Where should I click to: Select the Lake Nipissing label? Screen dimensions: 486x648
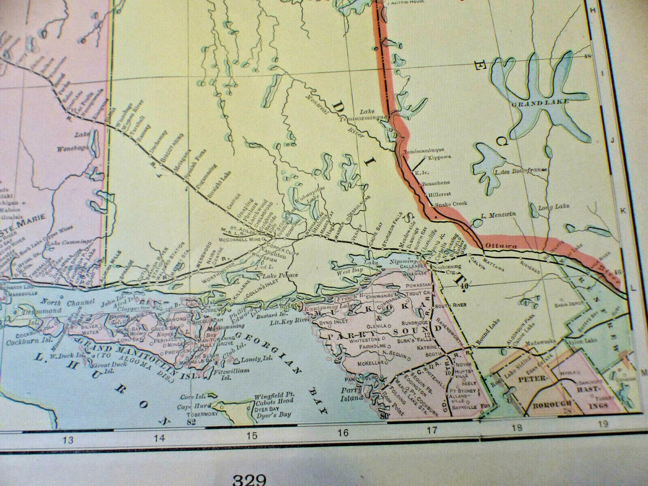395,261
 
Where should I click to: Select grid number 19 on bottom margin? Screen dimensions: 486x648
603,424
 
